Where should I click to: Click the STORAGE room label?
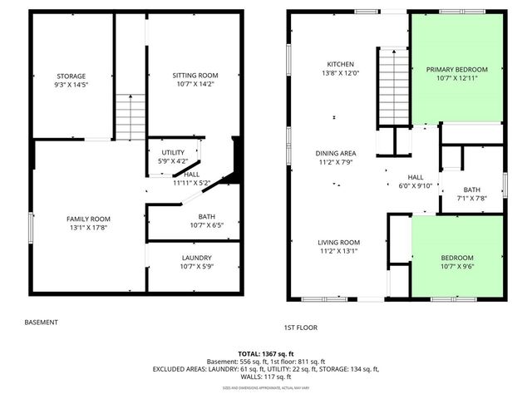[71, 76]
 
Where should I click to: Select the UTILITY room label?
[173, 153]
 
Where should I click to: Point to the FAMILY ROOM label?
[88, 219]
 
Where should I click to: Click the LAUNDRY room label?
[196, 258]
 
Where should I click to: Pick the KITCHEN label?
[341, 64]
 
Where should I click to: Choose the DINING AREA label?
[336, 153]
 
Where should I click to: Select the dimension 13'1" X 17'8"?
[88, 227]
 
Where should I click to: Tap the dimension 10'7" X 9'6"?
[457, 266]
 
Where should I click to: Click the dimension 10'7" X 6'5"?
[196, 224]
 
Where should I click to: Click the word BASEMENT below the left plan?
[41, 322]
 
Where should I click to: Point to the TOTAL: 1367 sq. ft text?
[266, 353]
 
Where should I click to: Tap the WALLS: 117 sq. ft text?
[266, 377]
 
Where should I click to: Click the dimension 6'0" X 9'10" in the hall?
[416, 185]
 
